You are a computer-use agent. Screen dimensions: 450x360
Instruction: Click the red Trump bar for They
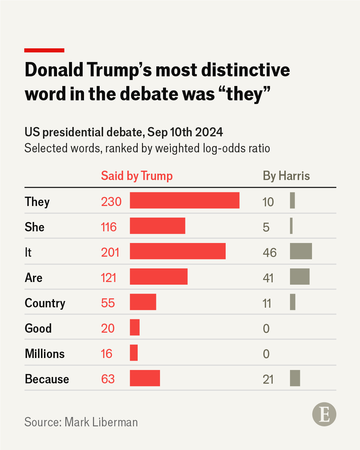[185, 200]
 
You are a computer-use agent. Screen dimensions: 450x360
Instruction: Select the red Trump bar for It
[178, 251]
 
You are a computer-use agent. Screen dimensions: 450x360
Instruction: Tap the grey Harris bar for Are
[300, 277]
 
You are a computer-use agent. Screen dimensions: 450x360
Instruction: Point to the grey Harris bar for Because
[295, 378]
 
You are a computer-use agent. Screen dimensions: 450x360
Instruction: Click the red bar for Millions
[134, 353]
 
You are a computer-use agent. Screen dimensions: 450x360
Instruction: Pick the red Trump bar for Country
[143, 302]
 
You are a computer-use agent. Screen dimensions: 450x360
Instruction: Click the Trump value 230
[111, 202]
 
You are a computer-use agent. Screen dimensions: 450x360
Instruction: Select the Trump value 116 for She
[109, 227]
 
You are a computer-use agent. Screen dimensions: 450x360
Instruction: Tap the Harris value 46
[270, 253]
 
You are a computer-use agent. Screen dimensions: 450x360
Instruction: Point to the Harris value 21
[268, 379]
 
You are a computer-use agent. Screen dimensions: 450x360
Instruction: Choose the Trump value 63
[108, 379]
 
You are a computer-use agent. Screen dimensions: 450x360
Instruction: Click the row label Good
[38, 328]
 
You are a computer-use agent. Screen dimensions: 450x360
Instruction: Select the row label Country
[45, 303]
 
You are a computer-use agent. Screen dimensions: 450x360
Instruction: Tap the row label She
[35, 227]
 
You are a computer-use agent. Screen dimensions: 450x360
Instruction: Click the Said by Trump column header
[137, 176]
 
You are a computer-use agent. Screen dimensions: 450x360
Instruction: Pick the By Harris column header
[286, 176]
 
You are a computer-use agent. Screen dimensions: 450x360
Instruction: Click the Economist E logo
[324, 414]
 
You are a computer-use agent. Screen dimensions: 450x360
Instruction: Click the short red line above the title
[44, 50]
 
